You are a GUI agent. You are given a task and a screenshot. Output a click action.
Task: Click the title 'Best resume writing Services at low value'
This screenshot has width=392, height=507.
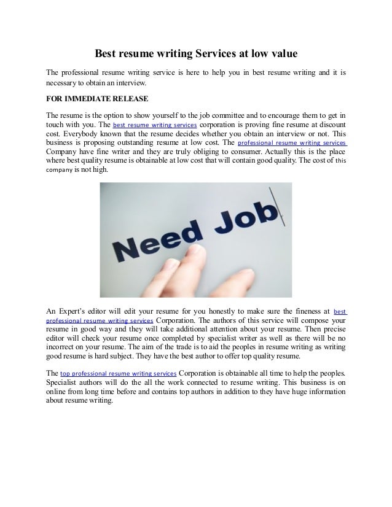click(195, 55)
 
